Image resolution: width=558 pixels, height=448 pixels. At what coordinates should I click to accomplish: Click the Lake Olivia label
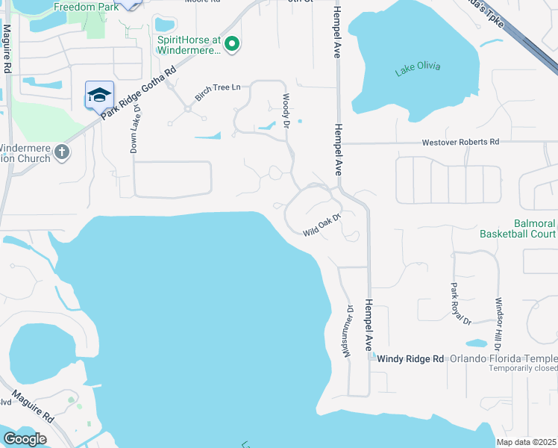[x=418, y=67]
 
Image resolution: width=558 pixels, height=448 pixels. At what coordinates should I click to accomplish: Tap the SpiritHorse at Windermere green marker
[x=231, y=45]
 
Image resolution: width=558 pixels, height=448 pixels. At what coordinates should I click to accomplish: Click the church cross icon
[x=62, y=152]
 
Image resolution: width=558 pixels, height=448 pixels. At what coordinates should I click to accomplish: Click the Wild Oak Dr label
[x=322, y=225]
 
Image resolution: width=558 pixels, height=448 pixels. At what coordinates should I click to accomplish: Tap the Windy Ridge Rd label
[x=410, y=359]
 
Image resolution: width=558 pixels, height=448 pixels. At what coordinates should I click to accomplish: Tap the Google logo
[x=25, y=439]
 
